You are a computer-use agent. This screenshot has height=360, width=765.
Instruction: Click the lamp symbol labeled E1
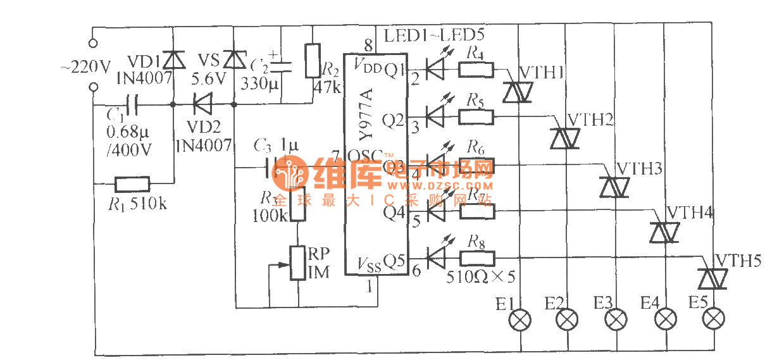[x=520, y=320]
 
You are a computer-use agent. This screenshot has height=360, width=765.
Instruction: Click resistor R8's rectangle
[x=476, y=258]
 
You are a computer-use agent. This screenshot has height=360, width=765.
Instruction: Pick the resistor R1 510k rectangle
[x=132, y=185]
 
